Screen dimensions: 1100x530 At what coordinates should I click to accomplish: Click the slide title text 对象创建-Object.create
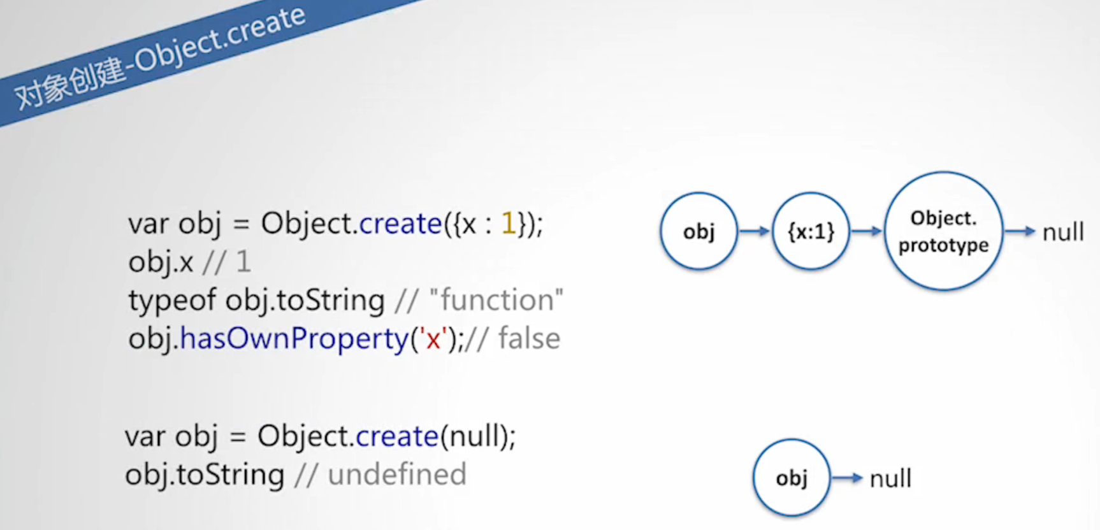pyautogui.click(x=160, y=57)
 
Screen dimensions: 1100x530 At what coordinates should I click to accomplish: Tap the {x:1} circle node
pyautogui.click(x=811, y=231)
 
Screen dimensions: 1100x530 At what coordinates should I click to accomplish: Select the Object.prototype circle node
pyautogui.click(x=943, y=231)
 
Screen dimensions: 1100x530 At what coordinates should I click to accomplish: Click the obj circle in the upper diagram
pyautogui.click(x=699, y=231)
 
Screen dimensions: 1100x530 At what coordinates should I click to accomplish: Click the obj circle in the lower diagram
pyautogui.click(x=792, y=478)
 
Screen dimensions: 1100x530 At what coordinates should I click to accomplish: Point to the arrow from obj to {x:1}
pyautogui.click(x=755, y=231)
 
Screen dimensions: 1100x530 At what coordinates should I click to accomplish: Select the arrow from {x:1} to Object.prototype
pyautogui.click(x=867, y=231)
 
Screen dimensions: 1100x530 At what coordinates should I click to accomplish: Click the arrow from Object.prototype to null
pyautogui.click(x=1020, y=231)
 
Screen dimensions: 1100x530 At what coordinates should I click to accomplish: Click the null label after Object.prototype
pyautogui.click(x=1063, y=232)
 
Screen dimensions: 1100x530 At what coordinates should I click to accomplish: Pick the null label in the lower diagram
pyautogui.click(x=890, y=478)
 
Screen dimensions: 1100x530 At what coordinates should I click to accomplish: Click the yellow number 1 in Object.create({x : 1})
pyautogui.click(x=509, y=224)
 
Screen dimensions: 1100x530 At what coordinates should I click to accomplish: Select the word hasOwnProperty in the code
pyautogui.click(x=294, y=339)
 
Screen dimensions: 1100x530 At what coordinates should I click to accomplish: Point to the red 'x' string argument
pyautogui.click(x=433, y=339)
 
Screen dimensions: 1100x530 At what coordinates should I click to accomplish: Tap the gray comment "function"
pyautogui.click(x=496, y=300)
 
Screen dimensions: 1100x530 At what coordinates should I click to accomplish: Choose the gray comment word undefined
pyautogui.click(x=397, y=475)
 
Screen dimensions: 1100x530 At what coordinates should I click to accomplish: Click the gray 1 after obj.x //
pyautogui.click(x=243, y=262)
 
